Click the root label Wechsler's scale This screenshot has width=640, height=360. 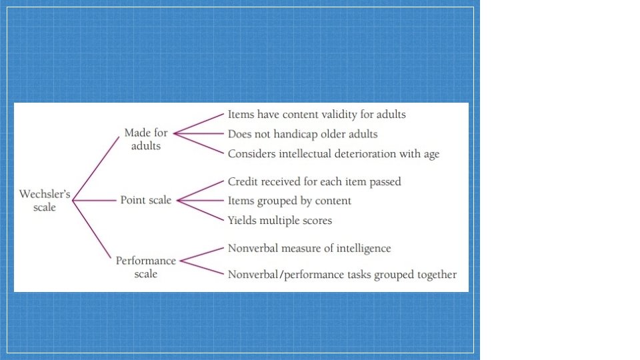click(x=45, y=201)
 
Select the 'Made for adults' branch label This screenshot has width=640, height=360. click(x=146, y=139)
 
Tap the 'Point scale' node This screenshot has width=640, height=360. click(x=146, y=200)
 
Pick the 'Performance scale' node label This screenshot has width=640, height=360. click(x=146, y=267)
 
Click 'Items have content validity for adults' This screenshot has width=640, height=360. click(x=317, y=115)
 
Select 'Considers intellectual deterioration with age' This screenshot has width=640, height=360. click(x=333, y=154)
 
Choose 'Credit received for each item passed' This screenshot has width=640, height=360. click(x=314, y=181)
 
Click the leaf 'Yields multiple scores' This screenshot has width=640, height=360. click(x=279, y=220)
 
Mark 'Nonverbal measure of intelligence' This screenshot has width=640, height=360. click(x=309, y=249)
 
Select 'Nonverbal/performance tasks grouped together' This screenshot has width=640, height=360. click(x=342, y=274)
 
